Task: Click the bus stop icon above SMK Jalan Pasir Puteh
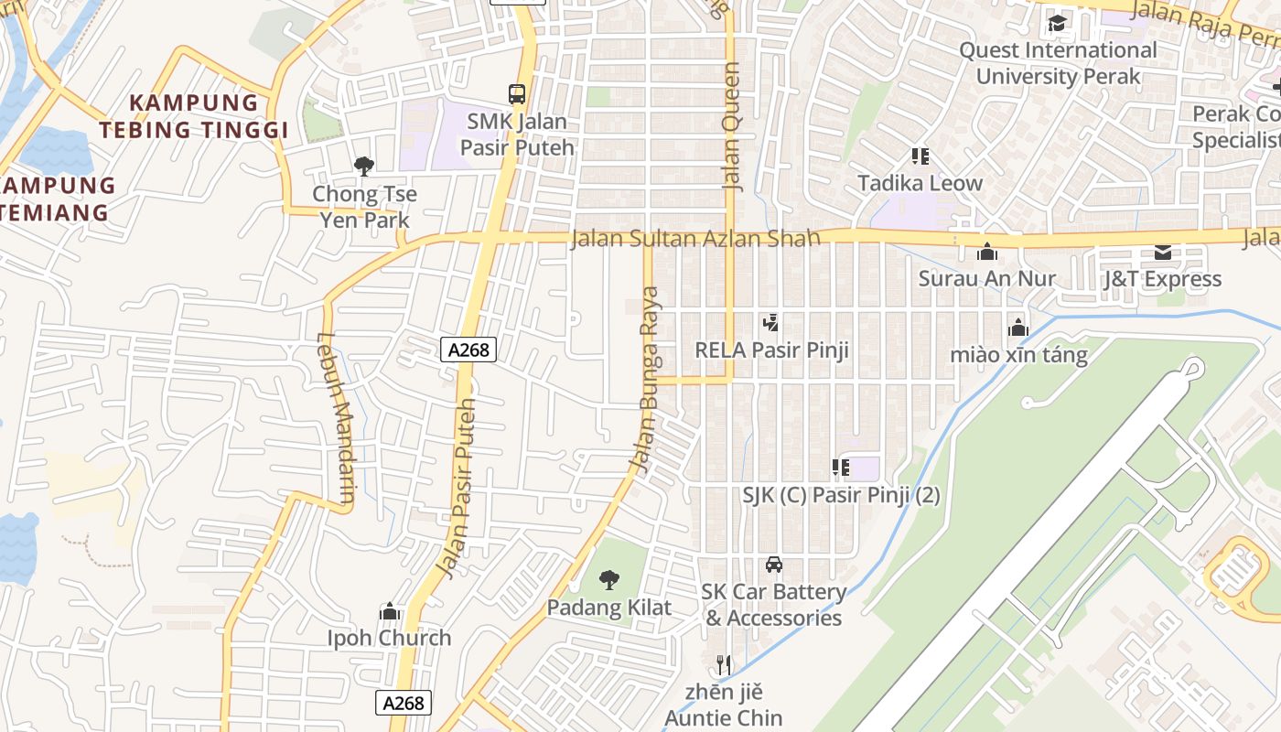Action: (517, 93)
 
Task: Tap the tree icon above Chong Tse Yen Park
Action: (364, 166)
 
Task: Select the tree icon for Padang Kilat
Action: (608, 579)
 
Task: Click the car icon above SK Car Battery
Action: (774, 564)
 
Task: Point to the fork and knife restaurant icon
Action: (724, 664)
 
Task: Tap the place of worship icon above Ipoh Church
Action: (390, 610)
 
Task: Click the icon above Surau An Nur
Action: (987, 251)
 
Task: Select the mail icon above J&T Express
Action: (1162, 252)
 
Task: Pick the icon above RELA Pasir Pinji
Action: (771, 322)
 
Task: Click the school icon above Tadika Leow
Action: (920, 156)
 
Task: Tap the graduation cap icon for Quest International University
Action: (1058, 23)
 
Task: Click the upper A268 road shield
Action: (468, 349)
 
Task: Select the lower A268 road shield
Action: (404, 702)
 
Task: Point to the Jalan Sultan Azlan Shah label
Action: (695, 240)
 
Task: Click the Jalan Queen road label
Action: (732, 126)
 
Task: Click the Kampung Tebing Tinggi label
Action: (194, 116)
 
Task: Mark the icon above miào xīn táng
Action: (1017, 327)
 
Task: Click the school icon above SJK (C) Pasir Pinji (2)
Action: (841, 468)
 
